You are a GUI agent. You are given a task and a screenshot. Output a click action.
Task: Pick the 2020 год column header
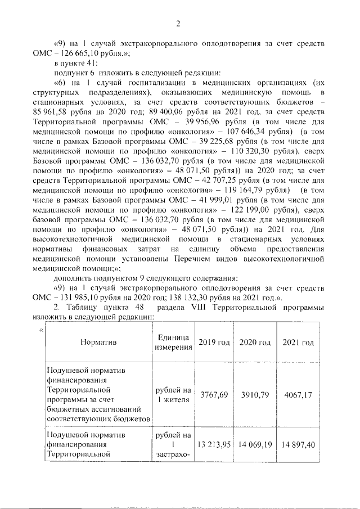(255, 343)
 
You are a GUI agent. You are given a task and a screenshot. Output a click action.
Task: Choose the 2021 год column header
(298, 343)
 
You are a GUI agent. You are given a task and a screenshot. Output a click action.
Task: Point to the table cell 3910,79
(255, 395)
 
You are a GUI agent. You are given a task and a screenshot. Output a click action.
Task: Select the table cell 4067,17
(298, 395)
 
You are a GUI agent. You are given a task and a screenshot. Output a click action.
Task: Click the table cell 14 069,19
(255, 444)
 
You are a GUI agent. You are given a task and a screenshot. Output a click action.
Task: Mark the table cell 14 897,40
(298, 444)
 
